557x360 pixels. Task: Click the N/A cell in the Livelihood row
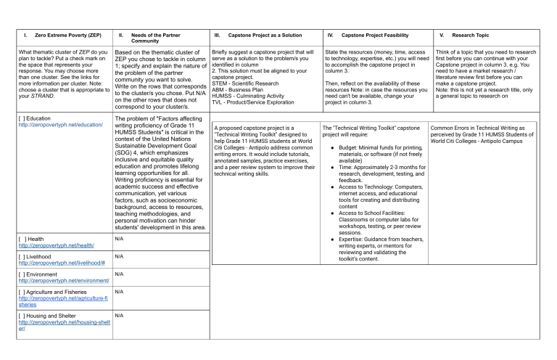tap(121, 256)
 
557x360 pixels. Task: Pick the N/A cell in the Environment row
tap(121, 274)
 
